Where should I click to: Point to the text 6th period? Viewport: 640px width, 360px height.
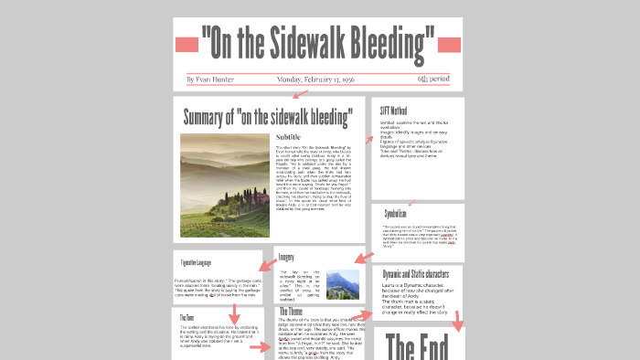coord(433,79)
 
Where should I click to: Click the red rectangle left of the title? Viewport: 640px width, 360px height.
coord(187,44)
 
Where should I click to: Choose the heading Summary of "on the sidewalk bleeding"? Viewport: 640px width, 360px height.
coord(268,117)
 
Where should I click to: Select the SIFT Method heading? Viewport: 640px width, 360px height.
coord(394,111)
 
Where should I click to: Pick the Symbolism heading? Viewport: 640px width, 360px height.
coord(395,213)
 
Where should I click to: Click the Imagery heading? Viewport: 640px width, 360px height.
coord(286,258)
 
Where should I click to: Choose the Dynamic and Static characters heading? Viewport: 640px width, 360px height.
coord(416,273)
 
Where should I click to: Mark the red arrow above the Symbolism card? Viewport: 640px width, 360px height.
coord(412,202)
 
